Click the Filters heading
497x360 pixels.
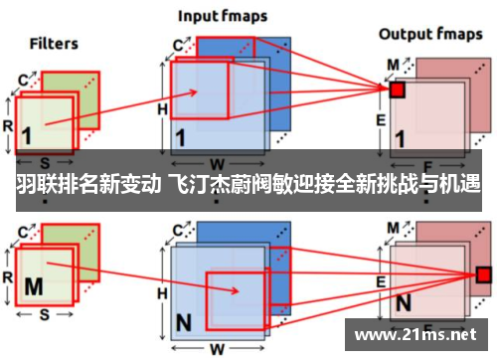[54, 43]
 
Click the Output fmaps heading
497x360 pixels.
[428, 34]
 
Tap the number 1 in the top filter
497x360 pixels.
[27, 135]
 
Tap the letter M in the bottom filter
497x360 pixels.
[34, 286]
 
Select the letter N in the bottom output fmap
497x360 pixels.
[405, 301]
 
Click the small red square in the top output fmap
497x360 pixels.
[397, 90]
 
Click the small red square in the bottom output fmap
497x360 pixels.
[484, 274]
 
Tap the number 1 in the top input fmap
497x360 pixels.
[182, 135]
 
